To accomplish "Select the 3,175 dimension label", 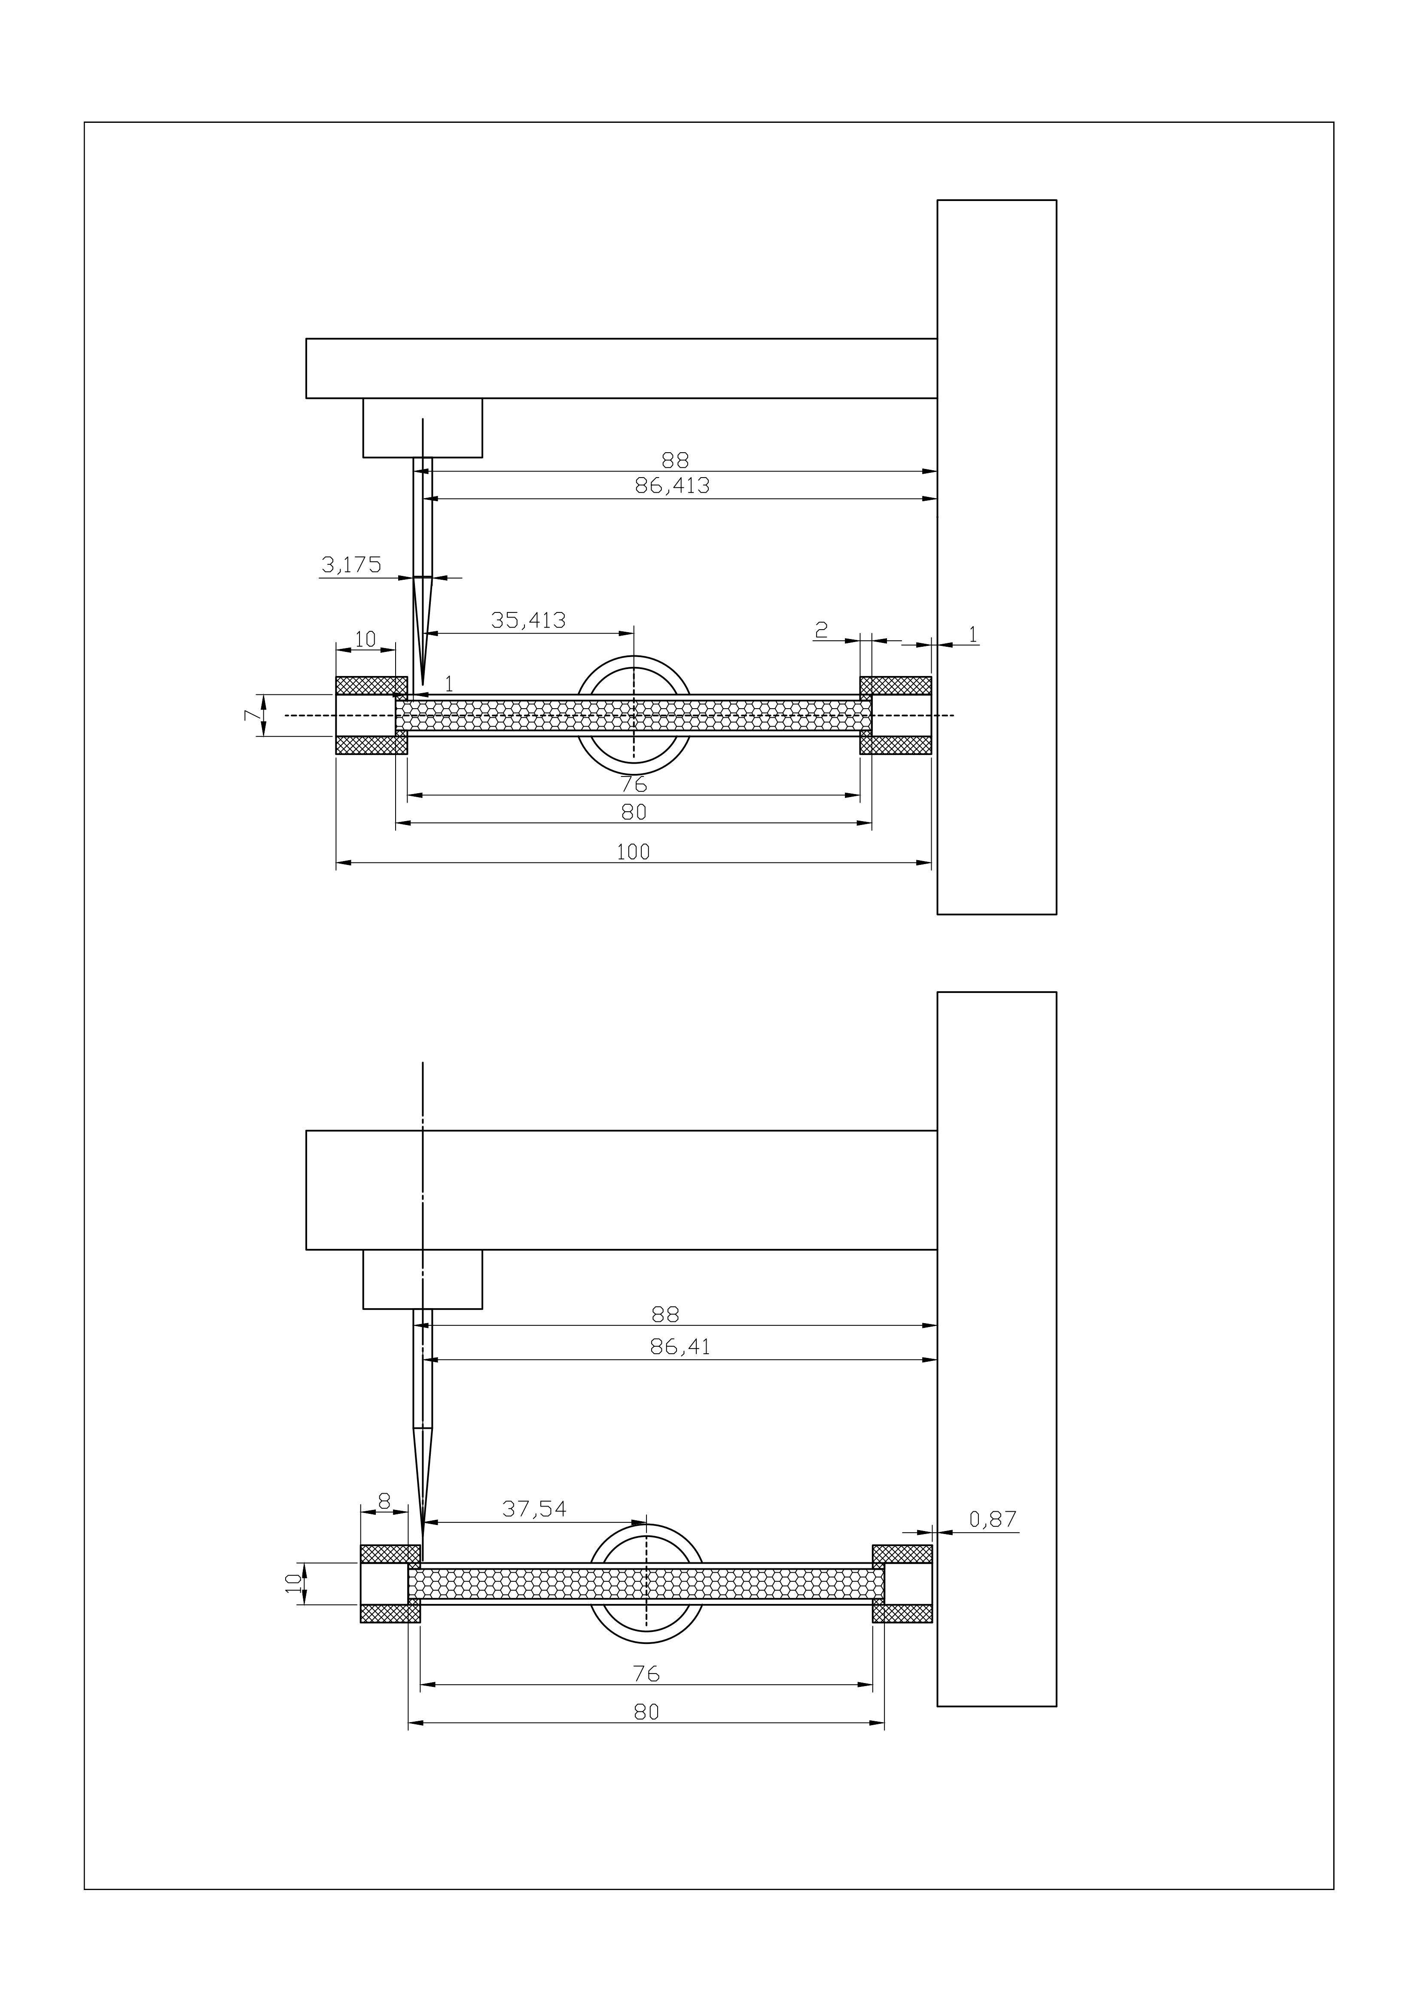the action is (352, 565).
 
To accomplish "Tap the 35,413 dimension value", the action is (528, 621).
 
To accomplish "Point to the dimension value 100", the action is (634, 851).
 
